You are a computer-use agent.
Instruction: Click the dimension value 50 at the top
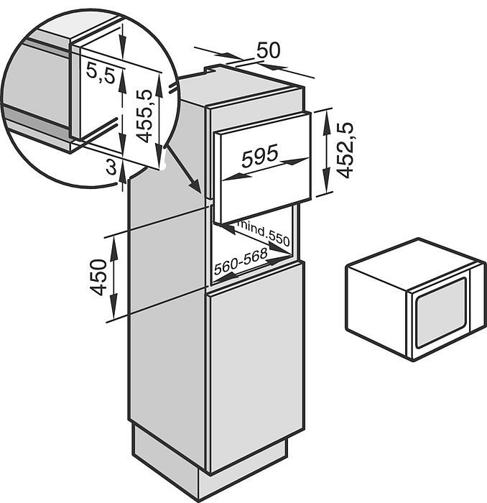(269, 50)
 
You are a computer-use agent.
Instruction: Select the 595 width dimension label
(260, 156)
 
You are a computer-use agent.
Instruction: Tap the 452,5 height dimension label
(345, 149)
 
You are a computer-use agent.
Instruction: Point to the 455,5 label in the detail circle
(144, 116)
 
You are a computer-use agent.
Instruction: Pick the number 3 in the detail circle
(111, 167)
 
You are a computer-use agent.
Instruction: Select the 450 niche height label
(98, 277)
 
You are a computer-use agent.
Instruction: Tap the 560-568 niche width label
(241, 262)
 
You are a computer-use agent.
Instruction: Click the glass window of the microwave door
(440, 313)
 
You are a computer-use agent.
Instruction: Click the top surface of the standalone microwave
(415, 264)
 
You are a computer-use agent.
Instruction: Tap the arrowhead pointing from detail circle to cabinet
(195, 187)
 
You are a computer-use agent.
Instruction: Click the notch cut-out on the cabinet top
(212, 69)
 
